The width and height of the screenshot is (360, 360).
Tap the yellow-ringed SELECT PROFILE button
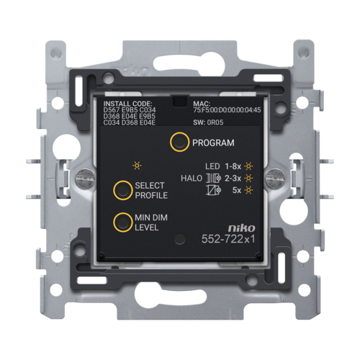[123, 190]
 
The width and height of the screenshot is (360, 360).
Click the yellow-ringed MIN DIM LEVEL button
[123, 222]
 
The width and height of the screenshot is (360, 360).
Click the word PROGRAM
[213, 143]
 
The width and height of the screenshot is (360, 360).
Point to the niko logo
[241, 228]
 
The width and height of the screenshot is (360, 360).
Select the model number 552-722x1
[228, 239]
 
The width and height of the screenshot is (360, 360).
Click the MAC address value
[227, 110]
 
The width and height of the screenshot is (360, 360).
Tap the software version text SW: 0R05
[208, 122]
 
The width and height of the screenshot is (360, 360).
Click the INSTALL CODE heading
[127, 104]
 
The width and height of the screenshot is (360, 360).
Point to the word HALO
[192, 179]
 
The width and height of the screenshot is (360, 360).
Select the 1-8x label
[233, 166]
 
